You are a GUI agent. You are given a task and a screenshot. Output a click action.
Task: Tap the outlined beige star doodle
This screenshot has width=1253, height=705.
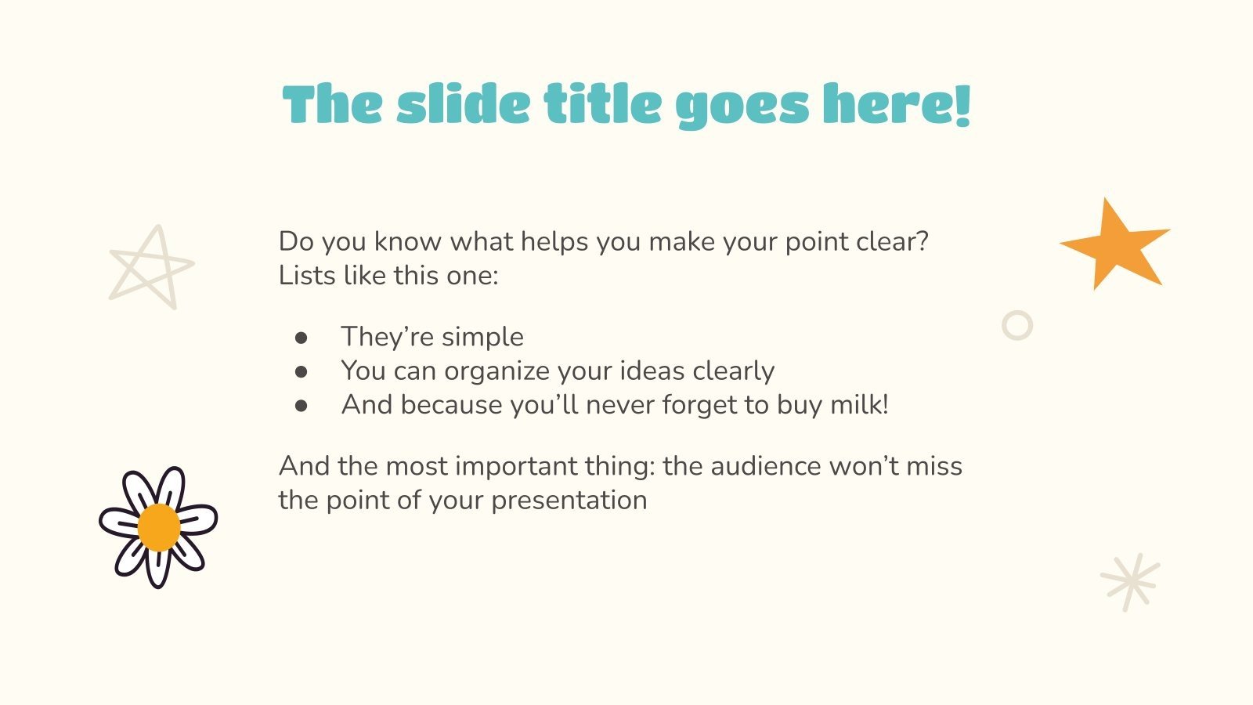151,267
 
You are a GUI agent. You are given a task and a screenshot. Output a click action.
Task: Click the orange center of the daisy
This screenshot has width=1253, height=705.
159,527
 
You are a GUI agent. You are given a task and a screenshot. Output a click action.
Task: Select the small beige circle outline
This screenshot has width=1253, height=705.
1017,325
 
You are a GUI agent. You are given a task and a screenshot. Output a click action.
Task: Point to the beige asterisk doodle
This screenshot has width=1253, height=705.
1130,582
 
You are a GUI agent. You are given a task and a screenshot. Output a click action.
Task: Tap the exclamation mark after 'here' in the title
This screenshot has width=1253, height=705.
962,105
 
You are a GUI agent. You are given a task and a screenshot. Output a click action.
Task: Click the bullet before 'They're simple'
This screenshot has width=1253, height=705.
302,338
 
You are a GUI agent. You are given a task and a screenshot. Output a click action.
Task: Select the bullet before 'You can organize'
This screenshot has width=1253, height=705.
302,371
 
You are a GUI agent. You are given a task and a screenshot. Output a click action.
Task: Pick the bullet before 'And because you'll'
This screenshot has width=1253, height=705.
302,406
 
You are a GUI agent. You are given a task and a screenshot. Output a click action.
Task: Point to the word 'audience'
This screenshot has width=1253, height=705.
754,466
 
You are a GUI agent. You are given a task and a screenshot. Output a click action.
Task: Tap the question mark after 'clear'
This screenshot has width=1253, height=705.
921,241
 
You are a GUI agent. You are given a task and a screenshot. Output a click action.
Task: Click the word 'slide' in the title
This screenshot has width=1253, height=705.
463,105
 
